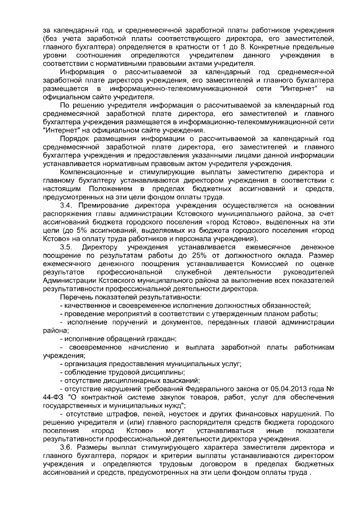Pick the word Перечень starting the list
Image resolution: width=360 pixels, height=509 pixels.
pyautogui.click(x=76, y=296)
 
